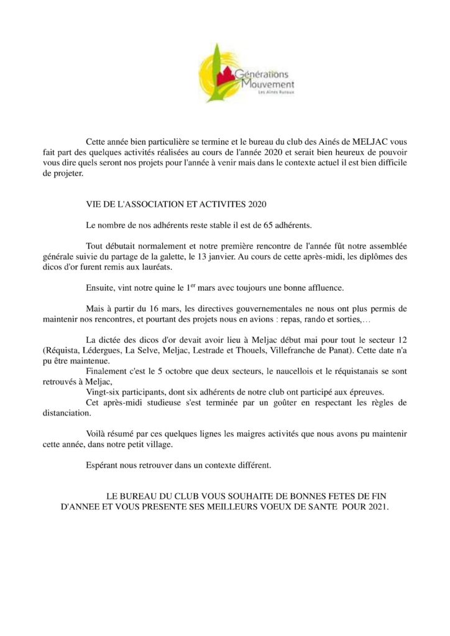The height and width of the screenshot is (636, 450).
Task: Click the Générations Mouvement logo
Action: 247,74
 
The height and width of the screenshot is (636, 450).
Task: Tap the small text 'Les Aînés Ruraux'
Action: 277,93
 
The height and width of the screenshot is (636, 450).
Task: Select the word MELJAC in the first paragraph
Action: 371,142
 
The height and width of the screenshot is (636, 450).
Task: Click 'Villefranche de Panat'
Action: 304,351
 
